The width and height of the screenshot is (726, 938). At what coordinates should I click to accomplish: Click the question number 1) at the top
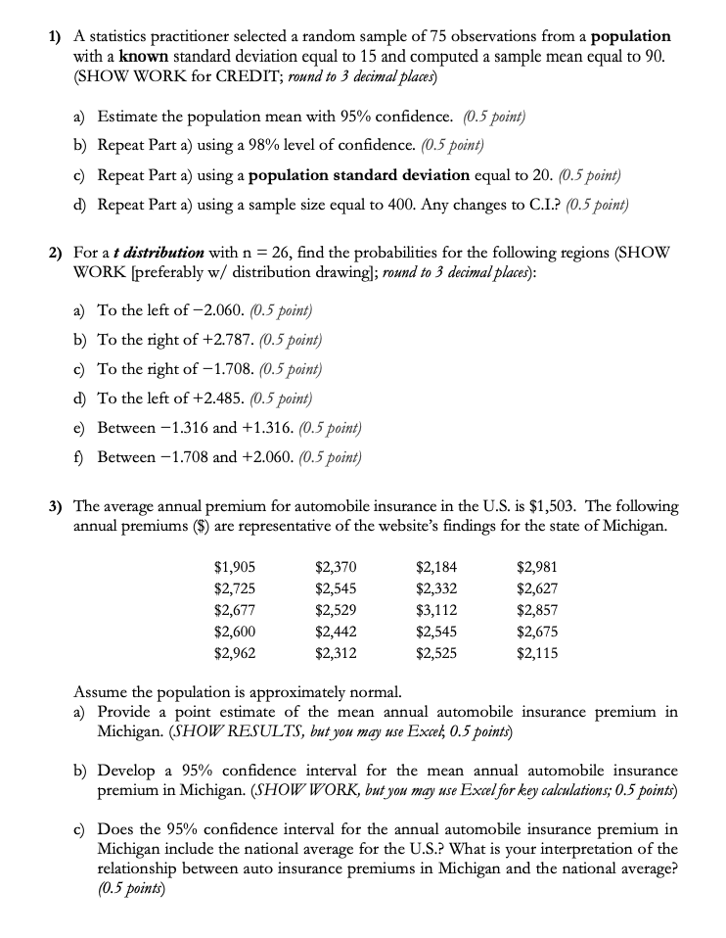coord(57,36)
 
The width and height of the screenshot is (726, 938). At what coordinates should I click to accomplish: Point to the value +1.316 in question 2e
coord(264,428)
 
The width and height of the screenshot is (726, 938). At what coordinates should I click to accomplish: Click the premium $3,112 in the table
coord(435,609)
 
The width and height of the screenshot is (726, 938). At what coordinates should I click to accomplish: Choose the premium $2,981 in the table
coord(537,565)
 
